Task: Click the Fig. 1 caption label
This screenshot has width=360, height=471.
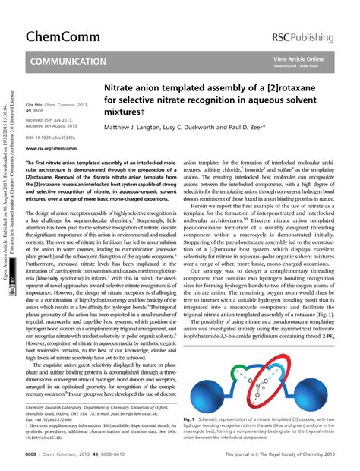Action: point(191,419)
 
